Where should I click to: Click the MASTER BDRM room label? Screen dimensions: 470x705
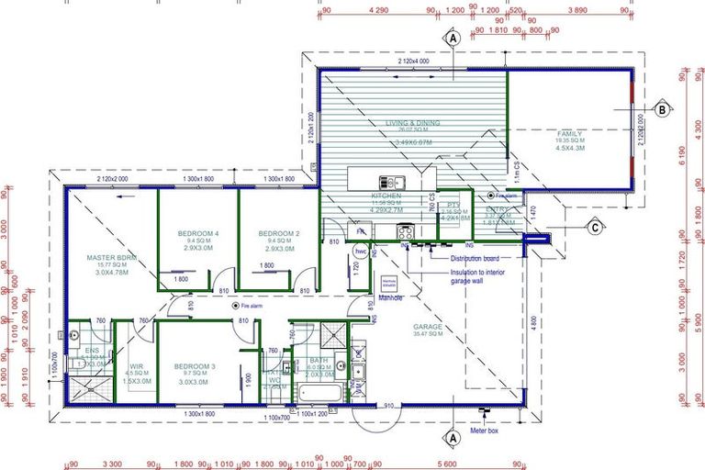(x=112, y=258)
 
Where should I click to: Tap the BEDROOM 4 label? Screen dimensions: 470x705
(x=198, y=234)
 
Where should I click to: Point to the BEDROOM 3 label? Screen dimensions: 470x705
(x=195, y=366)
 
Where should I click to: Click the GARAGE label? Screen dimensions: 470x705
(x=428, y=326)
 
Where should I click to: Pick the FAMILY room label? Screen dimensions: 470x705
(x=569, y=134)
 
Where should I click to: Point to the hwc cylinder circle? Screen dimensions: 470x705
(x=361, y=251)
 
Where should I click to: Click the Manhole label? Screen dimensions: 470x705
(x=392, y=297)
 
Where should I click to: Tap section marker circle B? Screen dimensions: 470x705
(x=661, y=109)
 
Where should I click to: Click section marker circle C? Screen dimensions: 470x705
(x=595, y=228)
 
